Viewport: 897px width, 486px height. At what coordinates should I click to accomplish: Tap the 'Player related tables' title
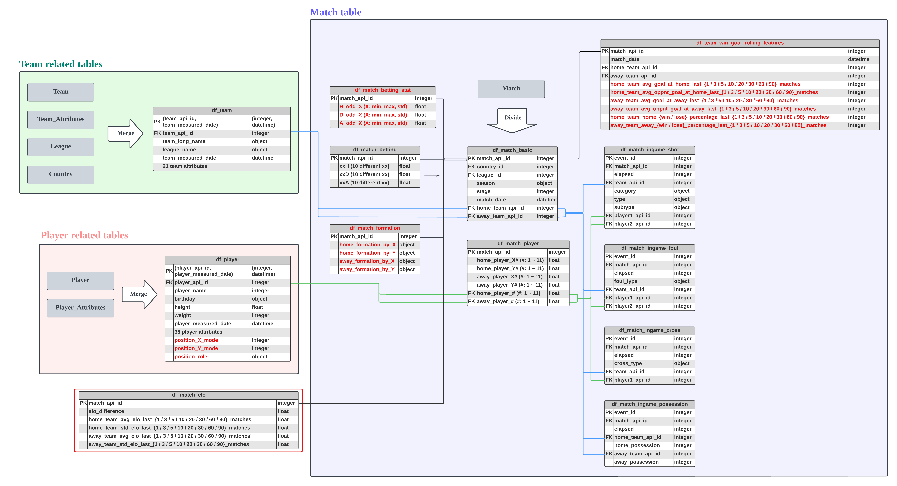(84, 235)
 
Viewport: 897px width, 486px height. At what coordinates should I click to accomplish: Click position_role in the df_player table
(191, 357)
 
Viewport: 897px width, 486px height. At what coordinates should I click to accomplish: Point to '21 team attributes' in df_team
(185, 166)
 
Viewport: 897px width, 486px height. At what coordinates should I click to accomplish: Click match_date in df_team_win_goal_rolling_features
(625, 59)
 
